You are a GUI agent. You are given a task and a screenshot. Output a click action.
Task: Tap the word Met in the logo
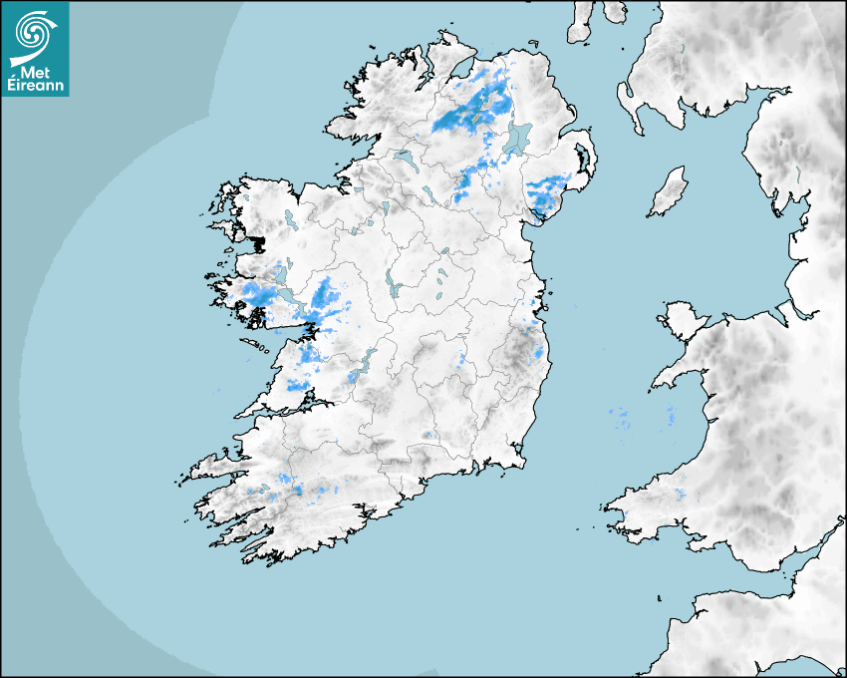coord(34,71)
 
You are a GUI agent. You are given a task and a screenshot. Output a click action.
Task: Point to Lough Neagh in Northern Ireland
coord(517,137)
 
